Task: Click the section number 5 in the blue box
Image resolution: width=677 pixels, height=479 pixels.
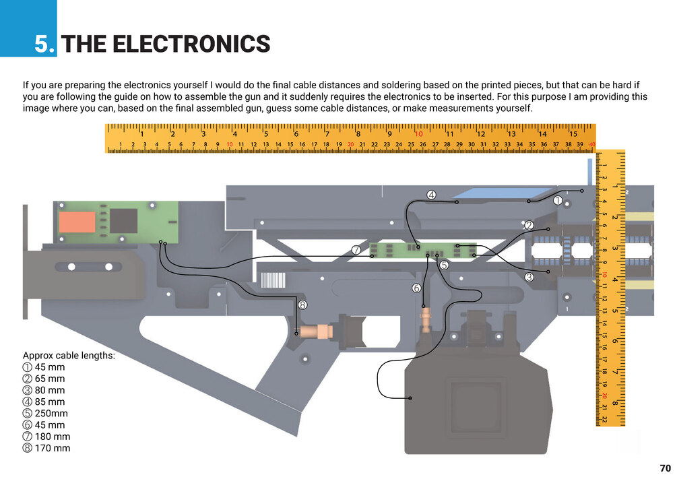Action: [x=45, y=44]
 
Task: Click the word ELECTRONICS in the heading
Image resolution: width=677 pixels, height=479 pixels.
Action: [x=191, y=44]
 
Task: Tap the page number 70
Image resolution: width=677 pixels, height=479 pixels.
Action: [x=666, y=468]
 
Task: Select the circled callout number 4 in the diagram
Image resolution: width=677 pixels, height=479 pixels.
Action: [x=431, y=195]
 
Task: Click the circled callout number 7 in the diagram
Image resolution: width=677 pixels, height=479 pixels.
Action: [x=356, y=249]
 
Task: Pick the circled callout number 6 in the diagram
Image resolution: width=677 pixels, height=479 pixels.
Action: [x=416, y=288]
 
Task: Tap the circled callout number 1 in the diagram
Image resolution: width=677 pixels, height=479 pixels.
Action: [x=558, y=200]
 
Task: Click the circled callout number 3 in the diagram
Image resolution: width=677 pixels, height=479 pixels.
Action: [x=529, y=277]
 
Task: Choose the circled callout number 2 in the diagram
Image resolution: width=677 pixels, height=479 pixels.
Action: [x=529, y=225]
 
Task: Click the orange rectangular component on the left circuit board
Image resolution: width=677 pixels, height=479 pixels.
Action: [x=76, y=222]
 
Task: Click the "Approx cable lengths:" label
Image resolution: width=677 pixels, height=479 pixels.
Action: [x=69, y=356]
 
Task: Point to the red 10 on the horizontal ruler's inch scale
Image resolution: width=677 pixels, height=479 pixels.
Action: [x=418, y=133]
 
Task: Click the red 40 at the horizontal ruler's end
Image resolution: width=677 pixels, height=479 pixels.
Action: [x=591, y=145]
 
